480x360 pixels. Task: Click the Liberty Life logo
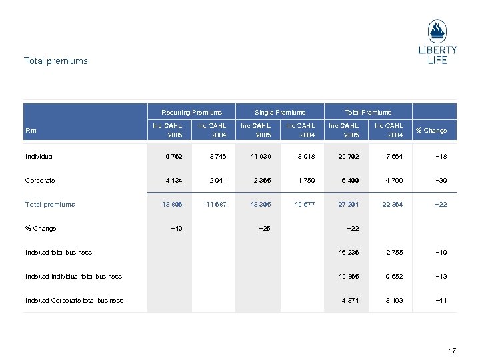tap(437, 41)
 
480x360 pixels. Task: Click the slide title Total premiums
tap(56, 61)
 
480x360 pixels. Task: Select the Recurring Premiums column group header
tap(192, 112)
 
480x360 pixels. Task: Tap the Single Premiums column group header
tap(280, 112)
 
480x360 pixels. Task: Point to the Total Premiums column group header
tap(368, 112)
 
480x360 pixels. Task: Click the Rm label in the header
tap(31, 130)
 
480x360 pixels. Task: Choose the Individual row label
tap(40, 157)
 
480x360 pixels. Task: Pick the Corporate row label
tap(41, 181)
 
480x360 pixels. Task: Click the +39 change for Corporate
tap(441, 181)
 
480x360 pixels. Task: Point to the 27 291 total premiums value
tap(349, 205)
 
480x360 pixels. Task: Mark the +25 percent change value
tap(265, 229)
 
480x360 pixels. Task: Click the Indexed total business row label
tap(59, 253)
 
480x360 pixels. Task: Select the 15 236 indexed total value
tap(349, 253)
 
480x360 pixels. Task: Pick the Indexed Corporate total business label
tap(75, 301)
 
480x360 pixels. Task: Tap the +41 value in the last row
tap(441, 301)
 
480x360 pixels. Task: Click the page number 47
tap(453, 349)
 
